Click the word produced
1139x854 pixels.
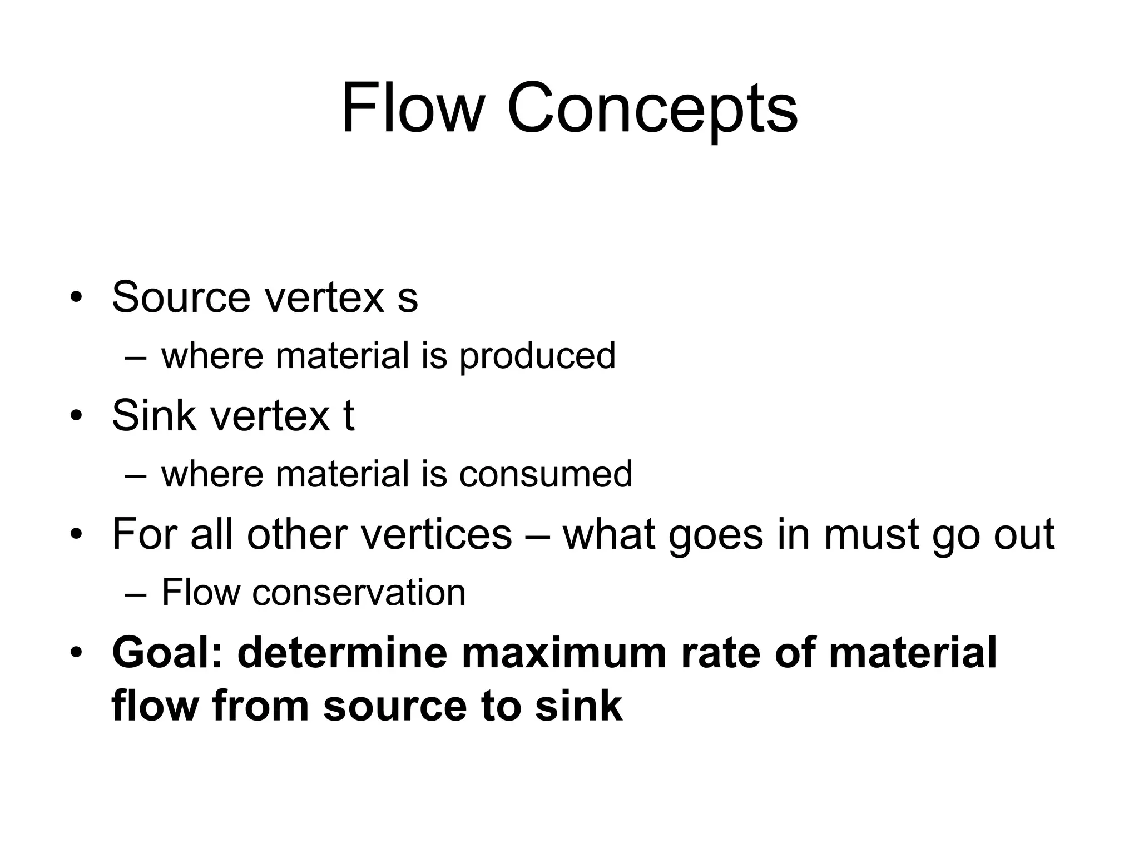coord(537,356)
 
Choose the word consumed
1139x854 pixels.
coord(546,474)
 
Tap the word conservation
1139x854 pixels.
coord(359,593)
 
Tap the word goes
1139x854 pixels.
coord(715,535)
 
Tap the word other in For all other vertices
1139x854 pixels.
coord(297,534)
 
